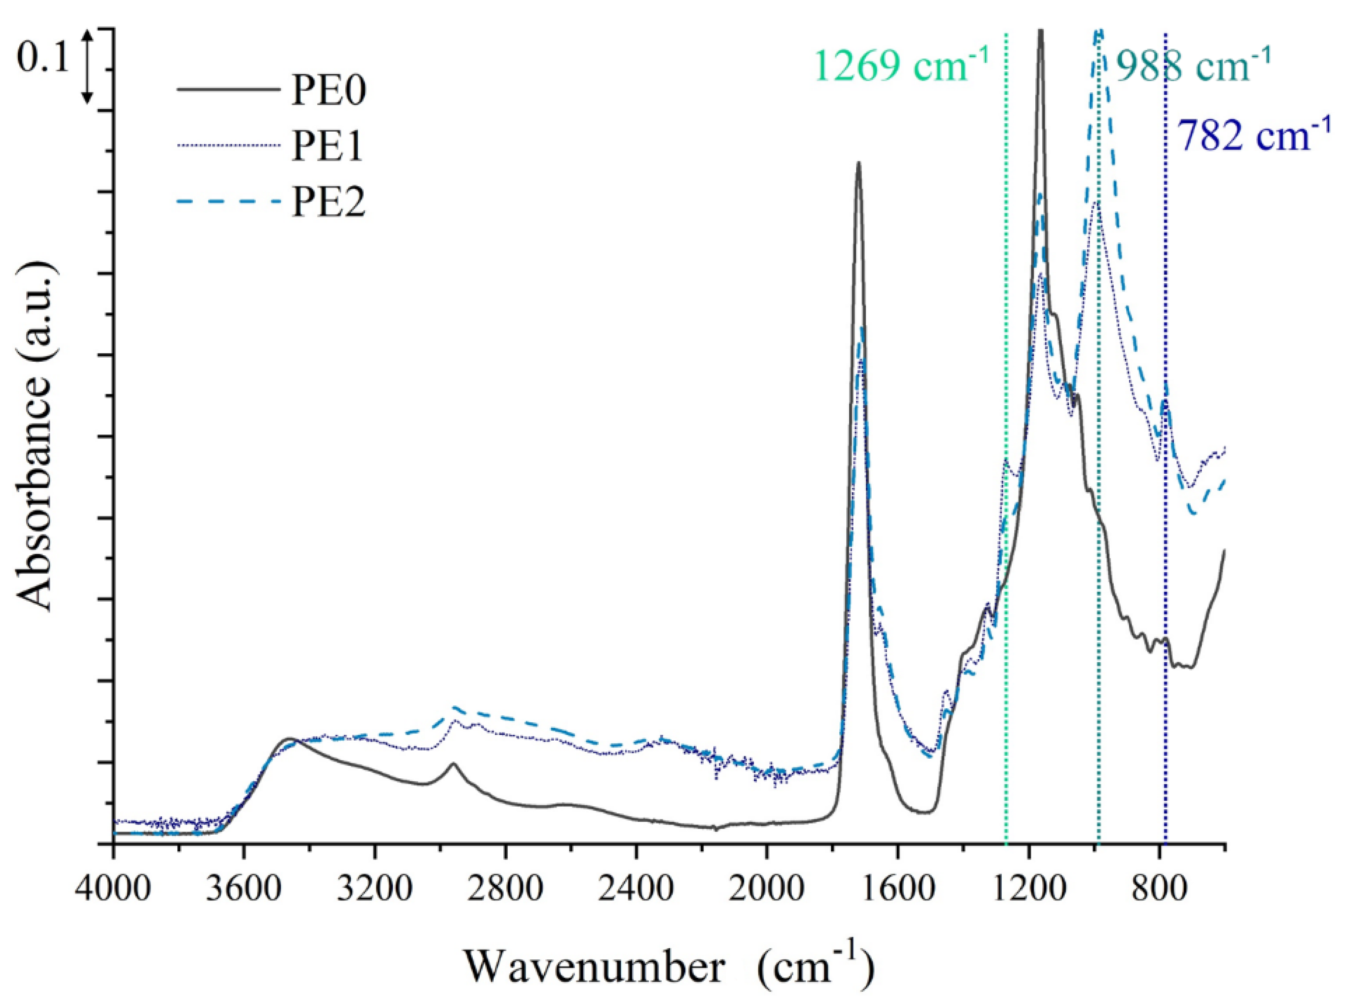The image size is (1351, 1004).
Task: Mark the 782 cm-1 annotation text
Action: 1254,135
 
